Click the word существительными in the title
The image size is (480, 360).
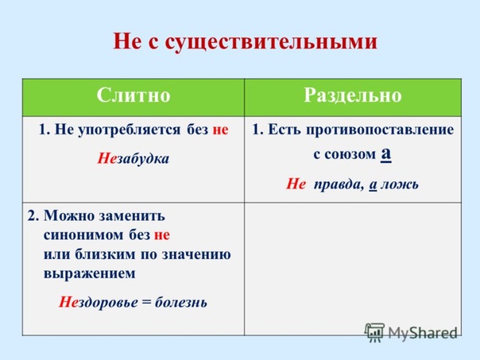point(271,42)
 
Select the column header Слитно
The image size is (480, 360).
point(134,95)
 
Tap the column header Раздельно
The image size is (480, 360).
point(353,96)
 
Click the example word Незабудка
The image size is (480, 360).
point(134,159)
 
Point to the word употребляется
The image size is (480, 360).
point(130,130)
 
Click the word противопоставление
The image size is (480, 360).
point(380,130)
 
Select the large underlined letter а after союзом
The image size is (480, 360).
point(386,153)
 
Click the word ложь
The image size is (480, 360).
point(399,184)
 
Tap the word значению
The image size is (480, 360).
point(196,254)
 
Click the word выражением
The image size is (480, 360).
point(89,273)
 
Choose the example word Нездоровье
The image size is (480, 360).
point(99,303)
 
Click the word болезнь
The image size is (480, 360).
point(181,303)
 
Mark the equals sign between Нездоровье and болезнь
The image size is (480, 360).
point(147,303)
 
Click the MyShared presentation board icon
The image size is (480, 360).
point(374,332)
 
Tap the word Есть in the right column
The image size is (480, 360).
point(285,130)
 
